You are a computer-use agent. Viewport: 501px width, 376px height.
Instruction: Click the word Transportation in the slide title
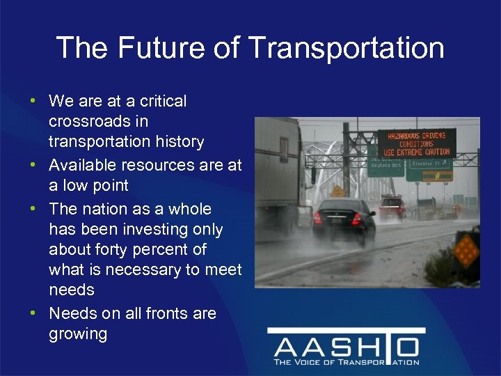[x=346, y=48]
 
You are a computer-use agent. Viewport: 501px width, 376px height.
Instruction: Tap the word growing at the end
[x=78, y=334]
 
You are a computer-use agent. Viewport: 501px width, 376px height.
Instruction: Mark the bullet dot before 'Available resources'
[x=33, y=166]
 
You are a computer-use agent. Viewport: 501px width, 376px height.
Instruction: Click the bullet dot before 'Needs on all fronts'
[x=33, y=314]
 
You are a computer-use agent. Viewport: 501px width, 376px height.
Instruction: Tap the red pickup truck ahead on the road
[x=392, y=207]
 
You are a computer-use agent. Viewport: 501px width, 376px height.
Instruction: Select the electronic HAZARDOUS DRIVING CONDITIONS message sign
[x=417, y=142]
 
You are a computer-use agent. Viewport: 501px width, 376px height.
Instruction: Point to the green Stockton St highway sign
[x=429, y=164]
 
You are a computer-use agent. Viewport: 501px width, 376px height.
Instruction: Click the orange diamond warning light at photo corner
[x=466, y=247]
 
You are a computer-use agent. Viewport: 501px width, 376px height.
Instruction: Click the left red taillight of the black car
[x=318, y=218]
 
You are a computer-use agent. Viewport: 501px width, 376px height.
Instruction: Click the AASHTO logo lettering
[x=346, y=346]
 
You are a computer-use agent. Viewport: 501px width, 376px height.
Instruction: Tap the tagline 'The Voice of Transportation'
[x=346, y=362]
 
